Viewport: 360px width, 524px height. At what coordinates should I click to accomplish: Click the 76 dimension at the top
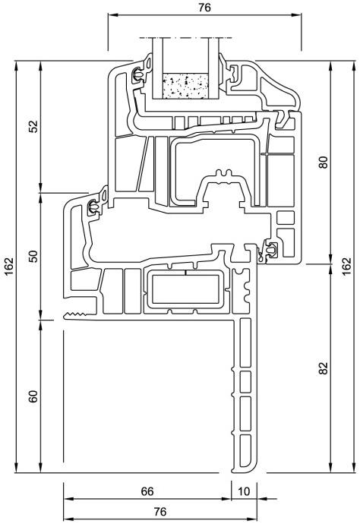pos(204,8)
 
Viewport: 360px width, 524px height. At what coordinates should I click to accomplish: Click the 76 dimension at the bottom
pos(160,511)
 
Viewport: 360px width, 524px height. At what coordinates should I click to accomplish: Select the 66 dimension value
pos(147,491)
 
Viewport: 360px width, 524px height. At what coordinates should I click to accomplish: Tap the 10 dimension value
pos(244,491)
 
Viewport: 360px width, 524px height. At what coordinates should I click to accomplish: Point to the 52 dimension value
pos(33,126)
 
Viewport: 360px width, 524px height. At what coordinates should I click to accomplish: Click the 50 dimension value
pos(33,256)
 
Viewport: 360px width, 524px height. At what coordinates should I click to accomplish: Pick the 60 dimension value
pos(33,396)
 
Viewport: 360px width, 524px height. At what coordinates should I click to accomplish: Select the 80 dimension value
pos(324,162)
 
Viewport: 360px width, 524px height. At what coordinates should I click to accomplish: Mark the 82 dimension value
pos(324,368)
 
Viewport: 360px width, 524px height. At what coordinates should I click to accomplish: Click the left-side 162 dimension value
pos(9,267)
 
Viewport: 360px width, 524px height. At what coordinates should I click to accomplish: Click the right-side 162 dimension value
pos(348,267)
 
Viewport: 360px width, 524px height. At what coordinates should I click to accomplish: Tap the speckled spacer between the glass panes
pos(185,86)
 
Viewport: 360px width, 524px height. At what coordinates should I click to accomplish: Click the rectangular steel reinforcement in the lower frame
pos(185,289)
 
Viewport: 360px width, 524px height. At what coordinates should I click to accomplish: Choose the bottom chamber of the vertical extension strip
pos(245,451)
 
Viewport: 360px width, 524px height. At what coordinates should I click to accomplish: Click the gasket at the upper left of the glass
pos(138,75)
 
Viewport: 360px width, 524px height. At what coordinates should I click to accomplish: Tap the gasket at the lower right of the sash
pos(270,249)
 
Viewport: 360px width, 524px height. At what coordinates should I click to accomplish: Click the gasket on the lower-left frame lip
pos(93,208)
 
